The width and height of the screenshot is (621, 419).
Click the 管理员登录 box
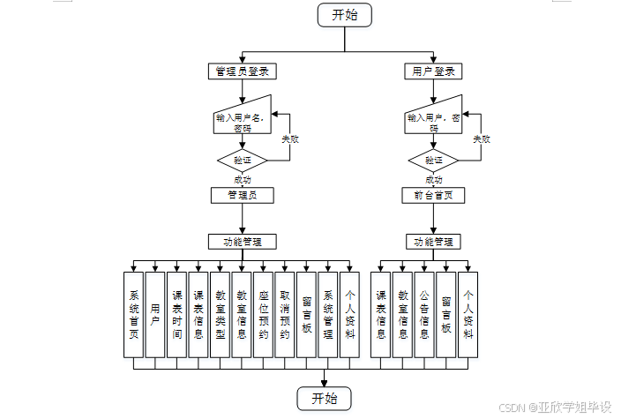coord(243,71)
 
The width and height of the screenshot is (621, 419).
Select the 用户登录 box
coord(433,71)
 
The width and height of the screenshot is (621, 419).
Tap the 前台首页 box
coord(433,195)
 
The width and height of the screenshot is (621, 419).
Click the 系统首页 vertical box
coord(134,315)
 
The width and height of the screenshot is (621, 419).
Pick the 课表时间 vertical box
coord(177,315)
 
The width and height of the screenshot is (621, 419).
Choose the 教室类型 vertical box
coord(221,315)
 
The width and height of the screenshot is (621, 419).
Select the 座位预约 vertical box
coord(264,315)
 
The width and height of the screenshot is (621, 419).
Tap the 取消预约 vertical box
coord(285,315)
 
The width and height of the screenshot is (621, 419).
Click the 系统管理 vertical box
coord(328,315)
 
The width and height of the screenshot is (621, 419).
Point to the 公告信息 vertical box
coord(424,315)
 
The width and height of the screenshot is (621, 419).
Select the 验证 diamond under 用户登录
coord(433,161)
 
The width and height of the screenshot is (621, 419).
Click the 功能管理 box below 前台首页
coord(433,241)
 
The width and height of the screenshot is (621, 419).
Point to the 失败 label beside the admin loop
coord(290,139)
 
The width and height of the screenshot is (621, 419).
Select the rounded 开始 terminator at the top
coord(345,15)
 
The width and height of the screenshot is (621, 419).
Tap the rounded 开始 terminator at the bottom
coord(324,398)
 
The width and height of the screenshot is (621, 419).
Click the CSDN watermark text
coord(555,408)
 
